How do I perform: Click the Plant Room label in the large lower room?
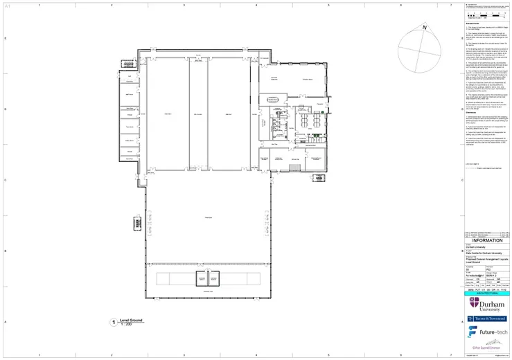coord(207,217)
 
